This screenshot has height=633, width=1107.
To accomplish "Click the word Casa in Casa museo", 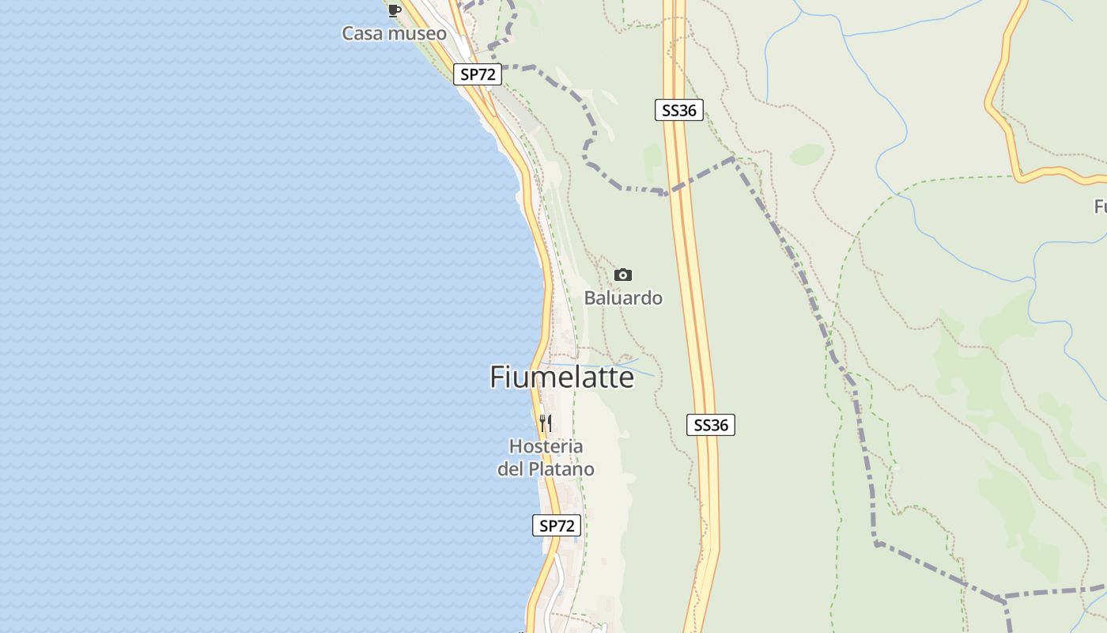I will click(x=360, y=33).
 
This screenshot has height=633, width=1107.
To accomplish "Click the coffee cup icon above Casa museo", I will click(x=394, y=10).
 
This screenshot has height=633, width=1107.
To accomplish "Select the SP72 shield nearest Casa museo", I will click(x=478, y=74).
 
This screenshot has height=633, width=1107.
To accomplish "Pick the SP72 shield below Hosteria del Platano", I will click(x=557, y=525).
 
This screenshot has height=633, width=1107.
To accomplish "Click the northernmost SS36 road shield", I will click(x=679, y=110).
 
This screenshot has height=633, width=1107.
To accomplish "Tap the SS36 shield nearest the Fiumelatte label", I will click(x=711, y=425).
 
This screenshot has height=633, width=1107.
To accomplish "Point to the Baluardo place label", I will click(x=623, y=298).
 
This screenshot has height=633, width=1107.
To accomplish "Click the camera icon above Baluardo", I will click(x=623, y=275).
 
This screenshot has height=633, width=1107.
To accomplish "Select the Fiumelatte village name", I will click(x=561, y=377).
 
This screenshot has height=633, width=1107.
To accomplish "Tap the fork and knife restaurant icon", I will click(x=546, y=423).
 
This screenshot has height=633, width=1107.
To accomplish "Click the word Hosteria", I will click(x=546, y=446).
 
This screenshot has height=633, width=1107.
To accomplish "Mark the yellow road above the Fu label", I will click(x=1060, y=174).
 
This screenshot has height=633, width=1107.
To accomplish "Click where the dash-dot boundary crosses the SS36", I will click(x=671, y=192).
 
